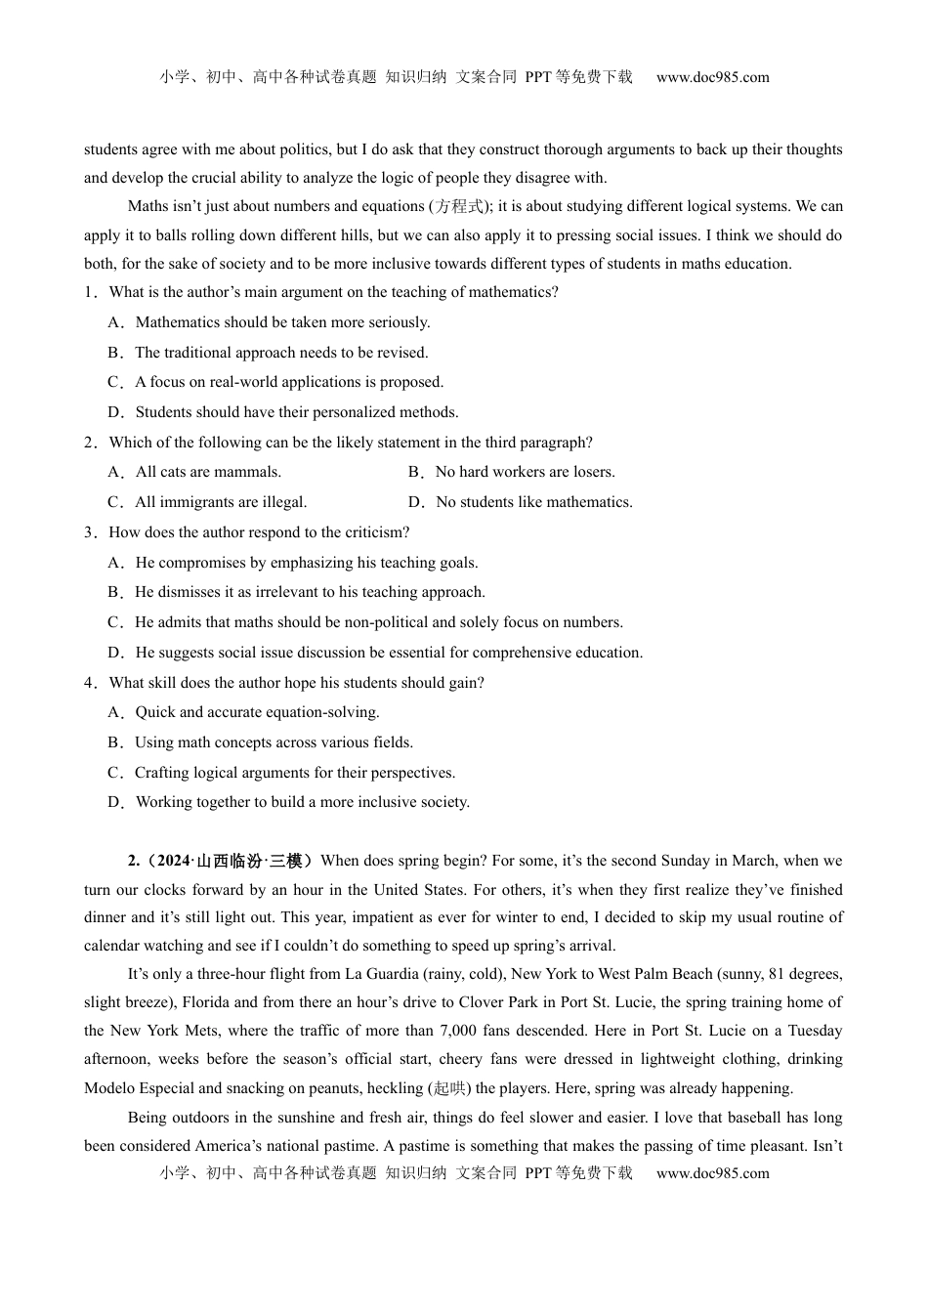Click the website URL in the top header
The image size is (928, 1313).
(712, 77)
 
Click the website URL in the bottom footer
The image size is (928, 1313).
(712, 1173)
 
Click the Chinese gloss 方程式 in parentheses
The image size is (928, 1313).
(458, 206)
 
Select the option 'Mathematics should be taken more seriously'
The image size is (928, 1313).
(282, 322)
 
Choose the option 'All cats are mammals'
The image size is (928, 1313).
(208, 472)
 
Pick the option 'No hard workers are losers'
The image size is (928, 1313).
(525, 472)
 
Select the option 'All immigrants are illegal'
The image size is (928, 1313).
(221, 502)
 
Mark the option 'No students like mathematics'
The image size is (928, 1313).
(533, 502)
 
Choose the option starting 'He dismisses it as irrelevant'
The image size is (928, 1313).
(310, 592)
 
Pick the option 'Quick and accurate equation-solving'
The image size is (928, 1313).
(257, 712)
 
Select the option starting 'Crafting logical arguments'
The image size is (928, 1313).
(295, 773)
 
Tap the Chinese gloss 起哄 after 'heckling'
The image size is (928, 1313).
(449, 1088)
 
